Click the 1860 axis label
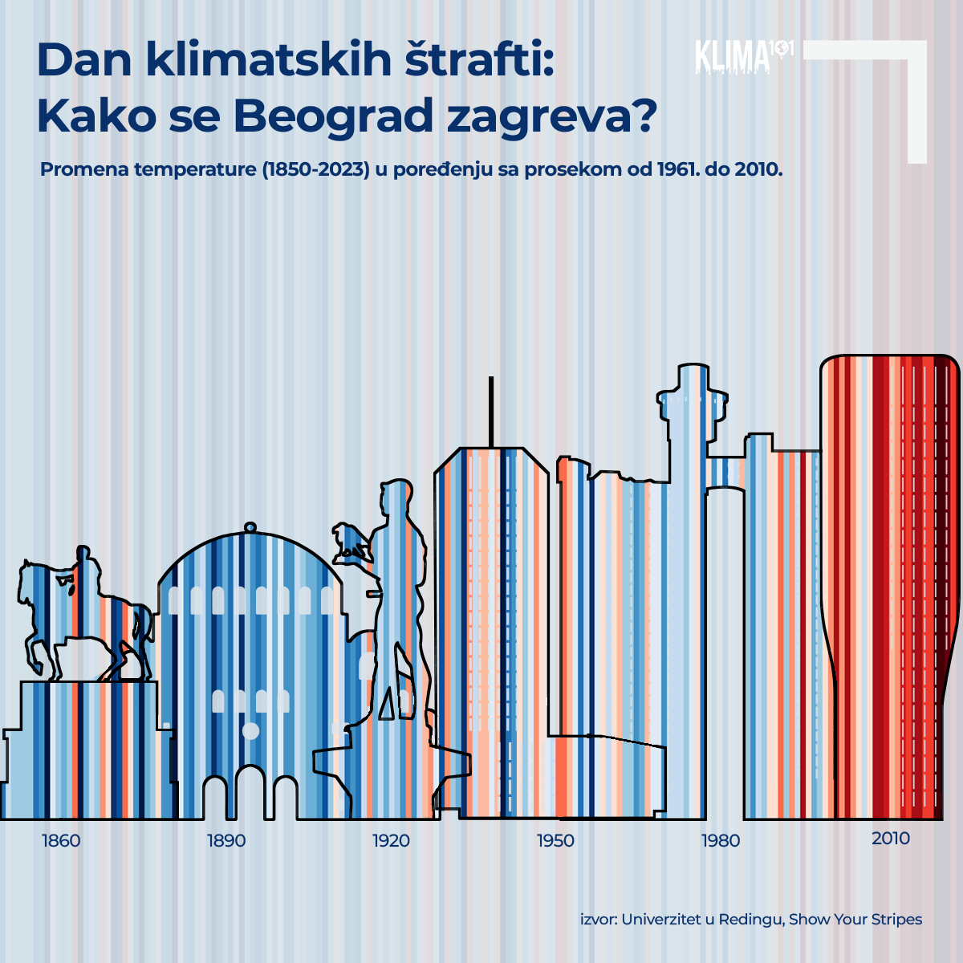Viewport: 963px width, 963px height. (x=61, y=840)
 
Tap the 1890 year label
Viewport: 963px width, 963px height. (x=226, y=840)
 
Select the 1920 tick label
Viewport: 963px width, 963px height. (x=391, y=840)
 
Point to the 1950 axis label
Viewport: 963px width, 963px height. (x=555, y=840)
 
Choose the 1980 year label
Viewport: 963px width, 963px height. (x=721, y=840)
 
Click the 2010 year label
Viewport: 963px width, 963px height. (x=891, y=839)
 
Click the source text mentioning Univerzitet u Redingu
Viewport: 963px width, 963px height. (x=751, y=919)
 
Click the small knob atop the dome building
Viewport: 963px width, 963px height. (x=250, y=527)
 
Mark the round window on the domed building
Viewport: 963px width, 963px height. (x=250, y=730)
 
